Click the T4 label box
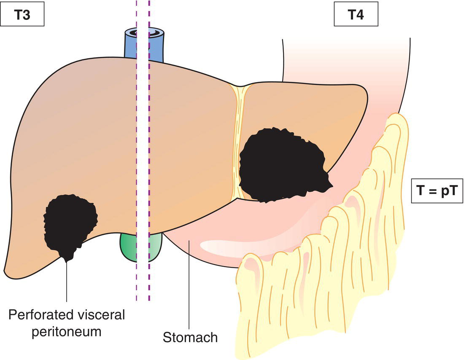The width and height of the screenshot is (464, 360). (x=356, y=16)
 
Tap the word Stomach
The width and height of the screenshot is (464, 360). (x=190, y=337)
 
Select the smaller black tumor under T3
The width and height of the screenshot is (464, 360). (x=70, y=221)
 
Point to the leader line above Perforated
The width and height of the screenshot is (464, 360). (x=67, y=282)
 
